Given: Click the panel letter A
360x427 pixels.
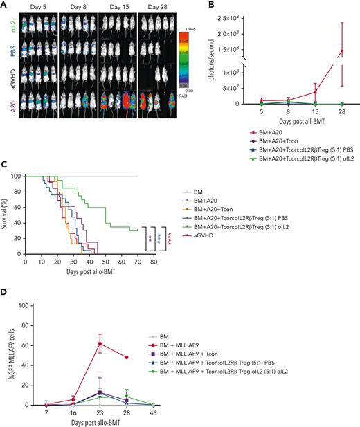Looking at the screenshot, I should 4,5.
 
